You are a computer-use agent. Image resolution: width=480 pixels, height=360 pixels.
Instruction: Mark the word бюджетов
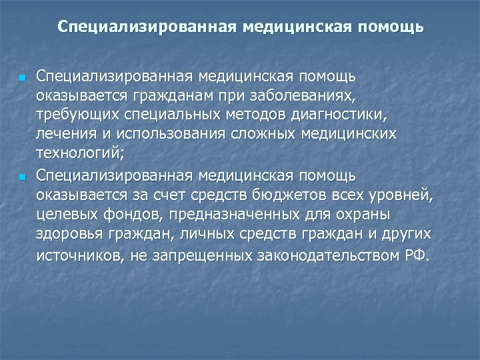(291, 195)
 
